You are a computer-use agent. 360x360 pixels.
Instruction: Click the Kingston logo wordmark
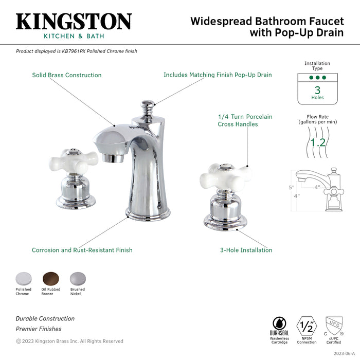74,22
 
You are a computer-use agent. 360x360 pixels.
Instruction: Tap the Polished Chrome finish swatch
23,278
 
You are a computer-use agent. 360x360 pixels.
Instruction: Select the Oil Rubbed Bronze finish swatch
50,278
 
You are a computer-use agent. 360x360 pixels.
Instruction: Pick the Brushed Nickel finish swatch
77,278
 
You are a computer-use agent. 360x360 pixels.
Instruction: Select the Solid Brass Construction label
67,75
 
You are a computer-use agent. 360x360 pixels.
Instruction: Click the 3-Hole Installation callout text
246,250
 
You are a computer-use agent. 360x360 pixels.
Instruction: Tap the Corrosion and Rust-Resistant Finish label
82,250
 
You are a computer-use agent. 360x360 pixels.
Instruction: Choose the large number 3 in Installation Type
317,89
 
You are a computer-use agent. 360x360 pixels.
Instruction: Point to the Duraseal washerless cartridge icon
280,325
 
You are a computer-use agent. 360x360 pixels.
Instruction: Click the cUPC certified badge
333,326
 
